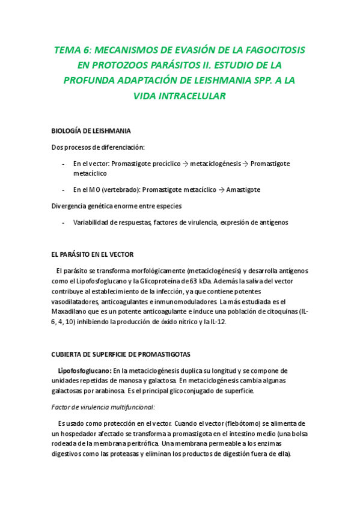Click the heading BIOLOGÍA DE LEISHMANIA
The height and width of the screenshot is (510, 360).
[91, 131]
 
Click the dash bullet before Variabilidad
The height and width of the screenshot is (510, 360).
[64, 223]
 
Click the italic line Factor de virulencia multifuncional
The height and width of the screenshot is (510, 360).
[103, 407]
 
